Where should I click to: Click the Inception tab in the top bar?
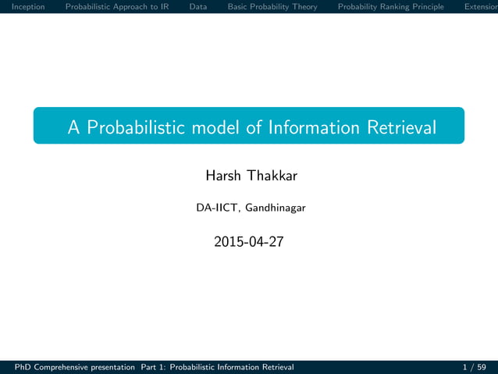pos(23,7)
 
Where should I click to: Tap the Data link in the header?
pos(198,7)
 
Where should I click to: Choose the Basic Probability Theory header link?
pos(272,7)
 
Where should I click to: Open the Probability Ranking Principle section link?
pos(390,7)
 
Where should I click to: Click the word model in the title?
pos(214,127)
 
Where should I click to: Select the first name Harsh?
pos(223,176)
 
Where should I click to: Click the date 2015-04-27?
pos(249,242)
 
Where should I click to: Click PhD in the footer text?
pos(13,367)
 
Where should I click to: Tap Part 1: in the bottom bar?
pos(153,367)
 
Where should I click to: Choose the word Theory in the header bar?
pos(303,7)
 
